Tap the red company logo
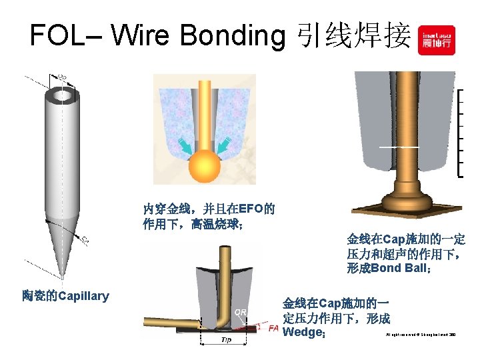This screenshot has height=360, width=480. [x=436, y=40]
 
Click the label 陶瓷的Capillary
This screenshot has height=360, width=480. [x=65, y=295]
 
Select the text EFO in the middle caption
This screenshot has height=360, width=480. [x=251, y=208]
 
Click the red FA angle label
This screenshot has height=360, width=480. [x=273, y=328]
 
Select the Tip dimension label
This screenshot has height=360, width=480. [x=227, y=340]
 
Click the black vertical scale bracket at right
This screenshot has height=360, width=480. [x=461, y=133]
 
